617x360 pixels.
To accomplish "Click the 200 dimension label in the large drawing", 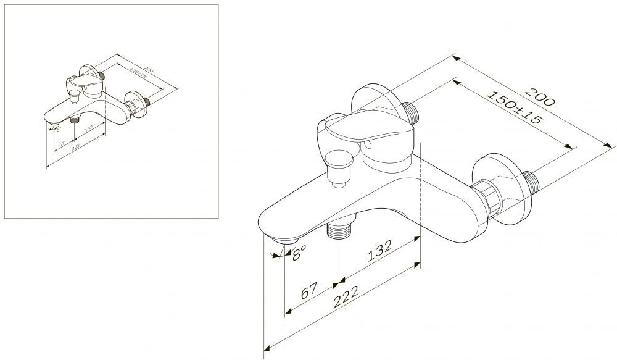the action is pos(540,96).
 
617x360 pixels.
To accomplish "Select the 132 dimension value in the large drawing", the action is pos(379,251).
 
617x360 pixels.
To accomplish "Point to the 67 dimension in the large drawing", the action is pos(309,290).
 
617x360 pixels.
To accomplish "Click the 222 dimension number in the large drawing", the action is pos(346,296).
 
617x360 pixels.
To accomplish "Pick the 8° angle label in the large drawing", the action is pos(299,253).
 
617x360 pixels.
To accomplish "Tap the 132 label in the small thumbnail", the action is pos(88,128).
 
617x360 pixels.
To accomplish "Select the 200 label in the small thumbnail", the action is pos(149,70).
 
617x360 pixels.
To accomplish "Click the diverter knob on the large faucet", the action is pos(338,168).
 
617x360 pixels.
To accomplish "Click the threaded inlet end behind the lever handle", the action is pos(412,112).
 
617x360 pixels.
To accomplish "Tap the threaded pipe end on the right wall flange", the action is pos(532,183).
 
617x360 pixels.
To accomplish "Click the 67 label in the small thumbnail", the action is pos(62,144).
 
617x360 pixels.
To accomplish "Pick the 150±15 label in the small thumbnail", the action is pos(138,73).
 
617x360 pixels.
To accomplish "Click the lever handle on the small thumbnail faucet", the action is pos(85,82).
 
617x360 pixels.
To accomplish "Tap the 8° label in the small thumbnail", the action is pos(59,129).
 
